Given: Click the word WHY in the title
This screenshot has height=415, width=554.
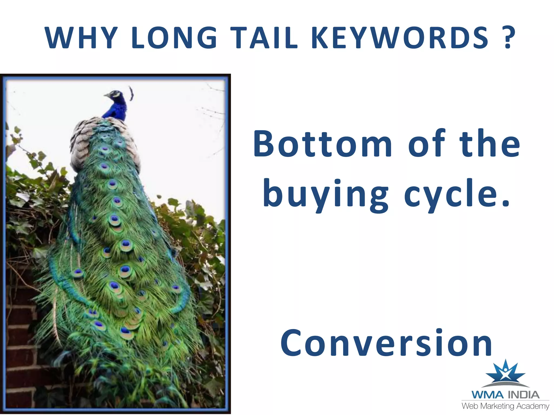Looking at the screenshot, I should pyautogui.click(x=81, y=38).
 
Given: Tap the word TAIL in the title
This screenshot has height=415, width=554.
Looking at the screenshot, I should pyautogui.click(x=265, y=38).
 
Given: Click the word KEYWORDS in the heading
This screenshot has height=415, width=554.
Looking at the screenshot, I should pyautogui.click(x=400, y=38).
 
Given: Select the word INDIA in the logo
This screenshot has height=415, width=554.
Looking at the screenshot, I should pyautogui.click(x=524, y=395).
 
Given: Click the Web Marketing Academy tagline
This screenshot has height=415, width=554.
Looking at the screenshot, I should pyautogui.click(x=505, y=406).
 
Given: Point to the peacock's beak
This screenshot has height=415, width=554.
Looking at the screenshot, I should pyautogui.click(x=107, y=95).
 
